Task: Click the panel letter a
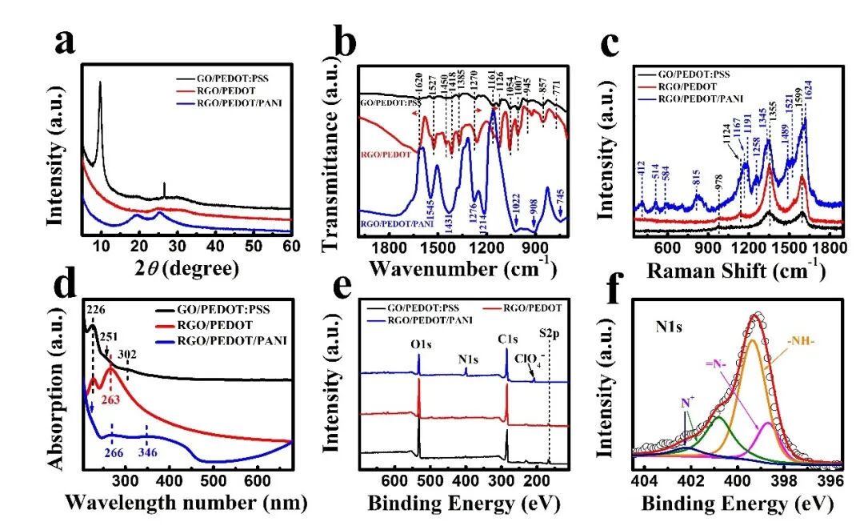point(66,42)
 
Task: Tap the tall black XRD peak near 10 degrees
point(100,83)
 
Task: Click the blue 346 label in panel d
point(146,453)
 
